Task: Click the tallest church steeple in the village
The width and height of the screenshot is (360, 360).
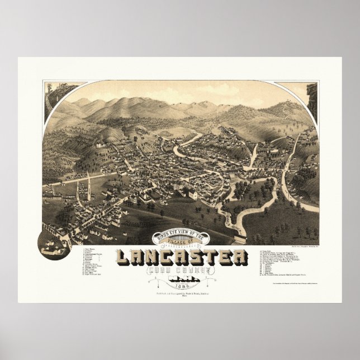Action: tap(89, 184)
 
